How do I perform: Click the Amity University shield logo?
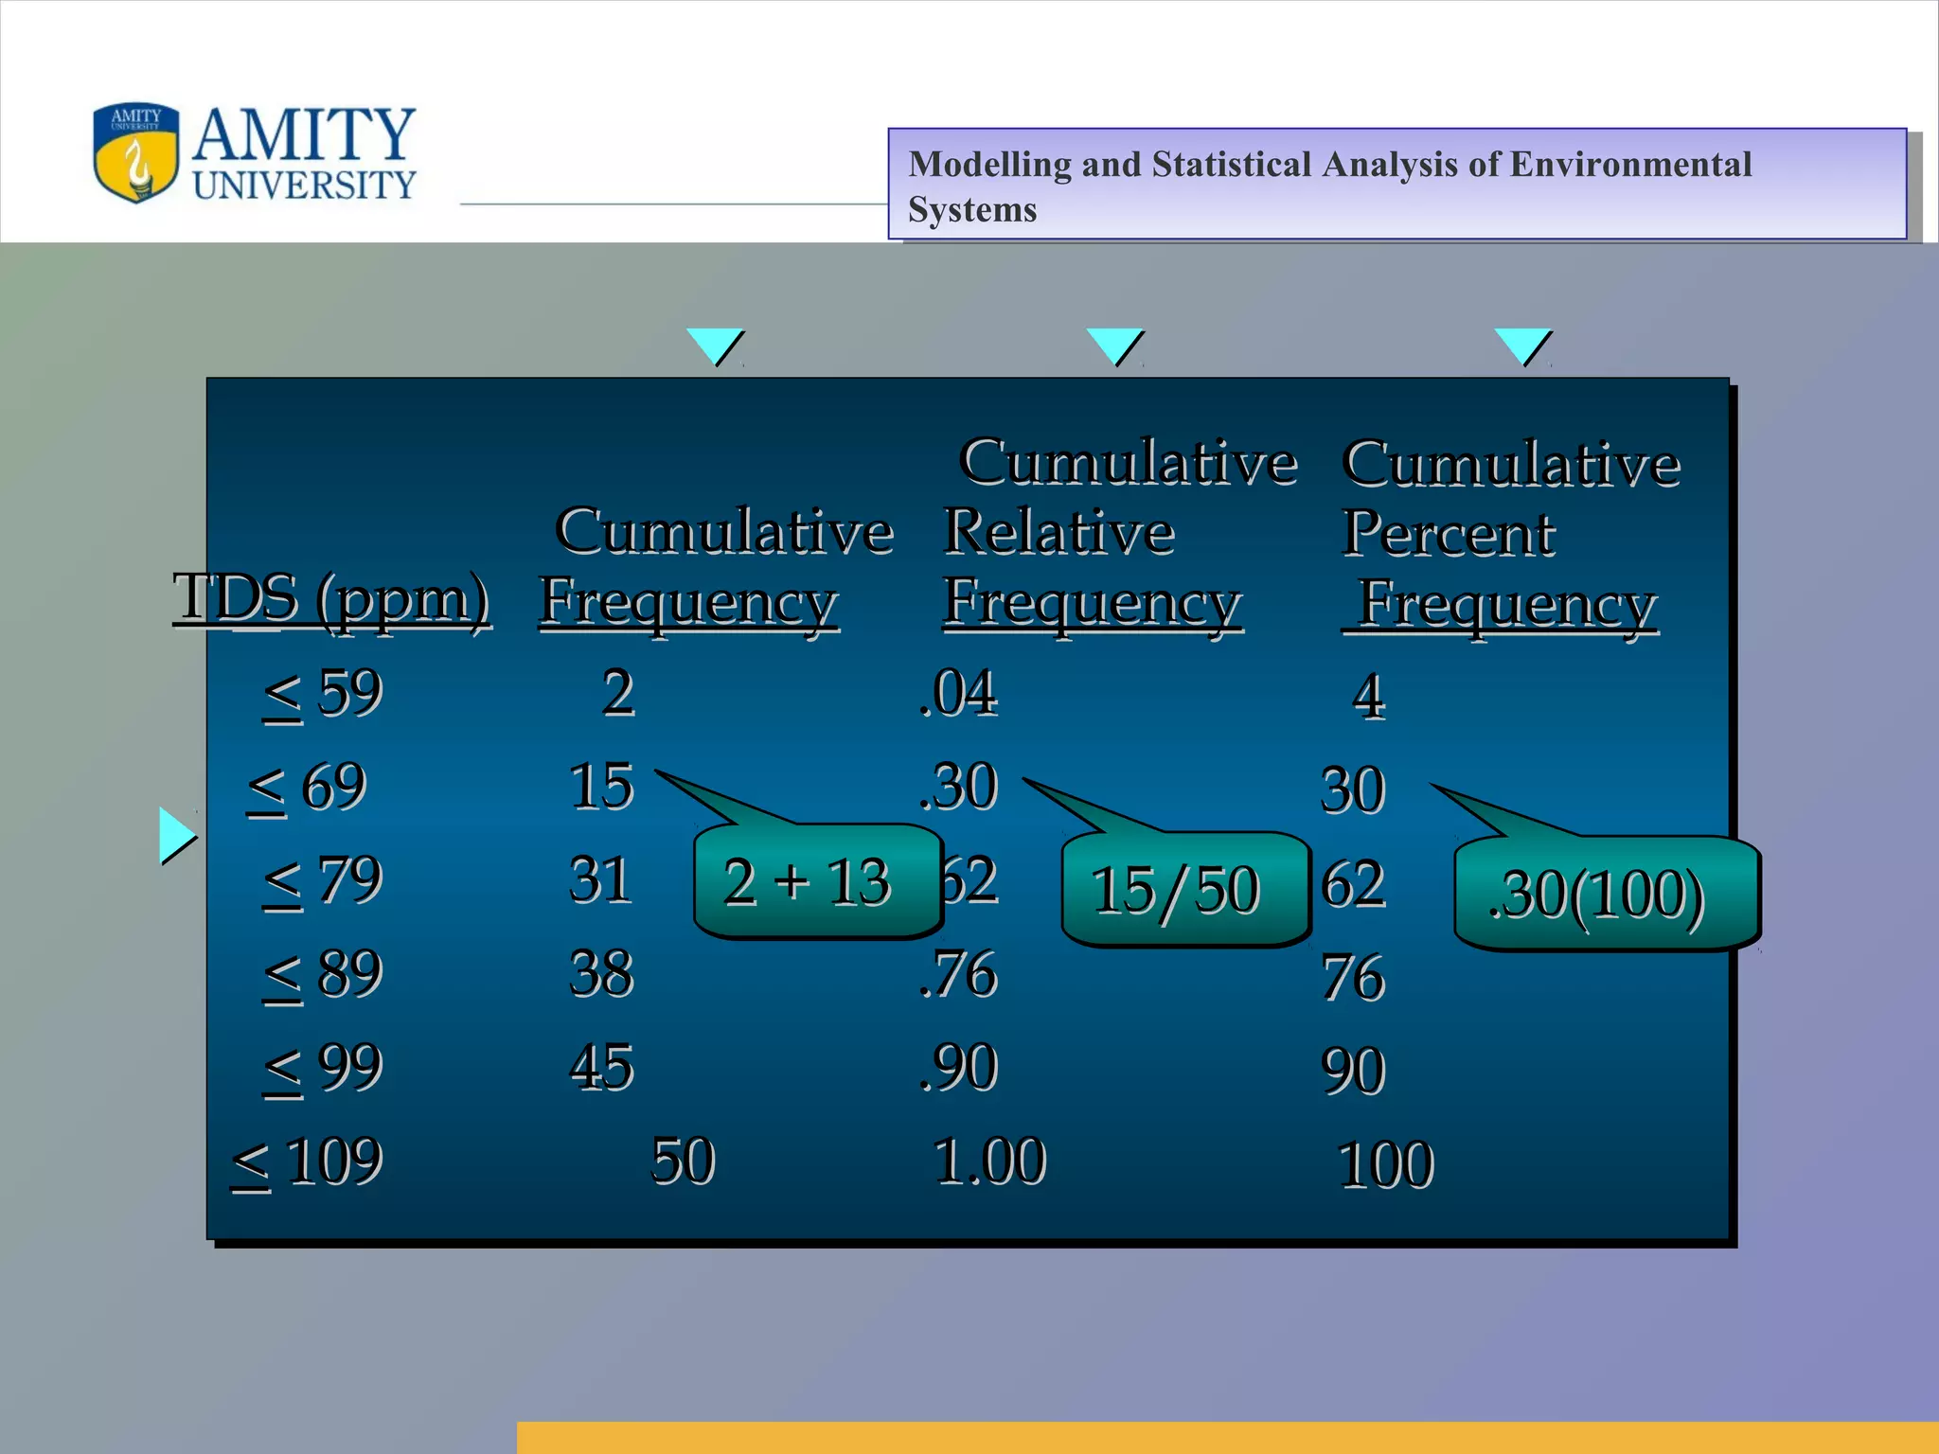[135, 152]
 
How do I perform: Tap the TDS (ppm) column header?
[331, 599]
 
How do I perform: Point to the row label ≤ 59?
[323, 694]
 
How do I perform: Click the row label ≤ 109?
[308, 1161]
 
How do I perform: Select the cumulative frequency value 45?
[601, 1068]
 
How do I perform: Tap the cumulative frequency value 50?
[683, 1161]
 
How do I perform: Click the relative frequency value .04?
[958, 693]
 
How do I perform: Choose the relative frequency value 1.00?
[989, 1161]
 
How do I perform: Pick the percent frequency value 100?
[1385, 1165]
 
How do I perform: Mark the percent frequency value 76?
[1353, 978]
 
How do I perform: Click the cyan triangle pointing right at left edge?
[175, 836]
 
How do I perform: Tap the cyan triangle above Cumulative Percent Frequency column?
[1521, 346]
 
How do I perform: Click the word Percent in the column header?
[1449, 534]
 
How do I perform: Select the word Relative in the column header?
[1058, 532]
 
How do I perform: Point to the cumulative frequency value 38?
[601, 974]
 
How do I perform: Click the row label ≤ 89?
[323, 975]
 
